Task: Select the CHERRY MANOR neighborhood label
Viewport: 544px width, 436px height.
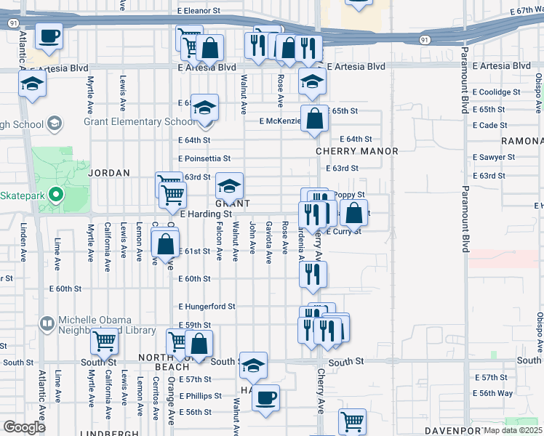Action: point(356,151)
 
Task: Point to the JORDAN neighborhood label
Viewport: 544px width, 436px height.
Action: point(109,173)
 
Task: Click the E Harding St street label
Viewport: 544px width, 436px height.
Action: point(205,214)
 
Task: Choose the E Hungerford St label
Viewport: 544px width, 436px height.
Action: point(207,307)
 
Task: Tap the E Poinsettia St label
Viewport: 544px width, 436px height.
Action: point(204,158)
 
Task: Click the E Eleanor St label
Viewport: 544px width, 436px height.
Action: point(198,11)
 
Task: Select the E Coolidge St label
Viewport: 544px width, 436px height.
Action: point(496,92)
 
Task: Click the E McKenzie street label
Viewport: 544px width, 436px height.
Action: point(280,121)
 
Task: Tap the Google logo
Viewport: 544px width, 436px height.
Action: point(24,427)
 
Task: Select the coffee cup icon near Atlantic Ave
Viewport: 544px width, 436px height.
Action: point(49,36)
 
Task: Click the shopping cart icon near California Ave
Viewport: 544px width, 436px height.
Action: point(105,340)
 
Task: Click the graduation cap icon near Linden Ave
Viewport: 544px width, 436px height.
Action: point(32,84)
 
